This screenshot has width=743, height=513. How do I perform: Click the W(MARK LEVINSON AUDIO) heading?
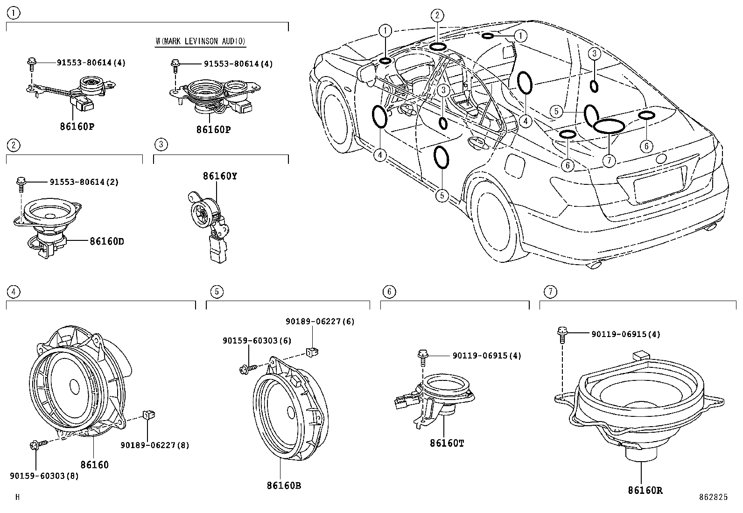200,41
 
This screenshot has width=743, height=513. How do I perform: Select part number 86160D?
107,241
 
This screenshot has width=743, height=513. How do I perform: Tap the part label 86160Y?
220,176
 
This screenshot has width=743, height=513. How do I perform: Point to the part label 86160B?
284,485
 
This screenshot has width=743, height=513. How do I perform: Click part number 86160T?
447,443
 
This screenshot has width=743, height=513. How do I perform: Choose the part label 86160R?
645,490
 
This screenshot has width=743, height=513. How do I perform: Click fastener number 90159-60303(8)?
44,476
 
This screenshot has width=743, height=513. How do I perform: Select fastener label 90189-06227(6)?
320,321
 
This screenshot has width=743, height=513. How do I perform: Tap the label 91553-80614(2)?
84,182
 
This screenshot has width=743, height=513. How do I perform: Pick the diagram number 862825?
714,497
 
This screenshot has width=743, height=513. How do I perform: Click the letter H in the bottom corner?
18,497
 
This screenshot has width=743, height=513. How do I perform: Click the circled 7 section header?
550,292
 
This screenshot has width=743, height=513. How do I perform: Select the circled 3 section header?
161,144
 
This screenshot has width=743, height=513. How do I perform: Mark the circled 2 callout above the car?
437,15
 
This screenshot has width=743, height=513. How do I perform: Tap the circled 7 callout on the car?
609,161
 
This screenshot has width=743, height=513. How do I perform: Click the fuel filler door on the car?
515,165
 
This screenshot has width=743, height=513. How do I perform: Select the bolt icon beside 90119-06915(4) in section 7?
562,335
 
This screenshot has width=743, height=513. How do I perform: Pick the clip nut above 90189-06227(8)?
149,415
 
